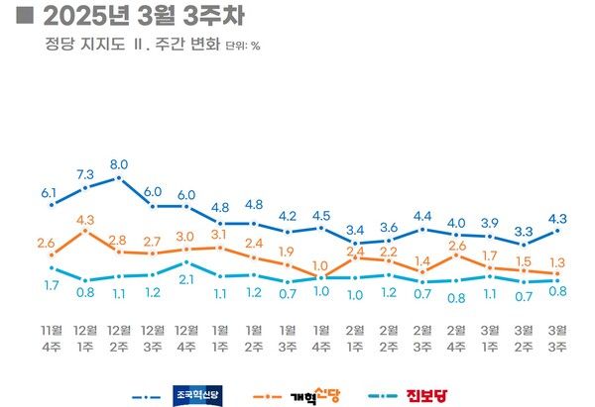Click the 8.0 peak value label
click(119, 164)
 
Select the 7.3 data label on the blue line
click(85, 173)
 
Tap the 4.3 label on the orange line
click(85, 220)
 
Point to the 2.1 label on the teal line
click(186, 280)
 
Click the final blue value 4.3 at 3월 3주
click(557, 219)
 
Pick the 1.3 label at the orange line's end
click(557, 262)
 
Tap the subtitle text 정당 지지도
click(75, 45)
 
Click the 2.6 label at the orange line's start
click(47, 243)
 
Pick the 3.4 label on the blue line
click(355, 231)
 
